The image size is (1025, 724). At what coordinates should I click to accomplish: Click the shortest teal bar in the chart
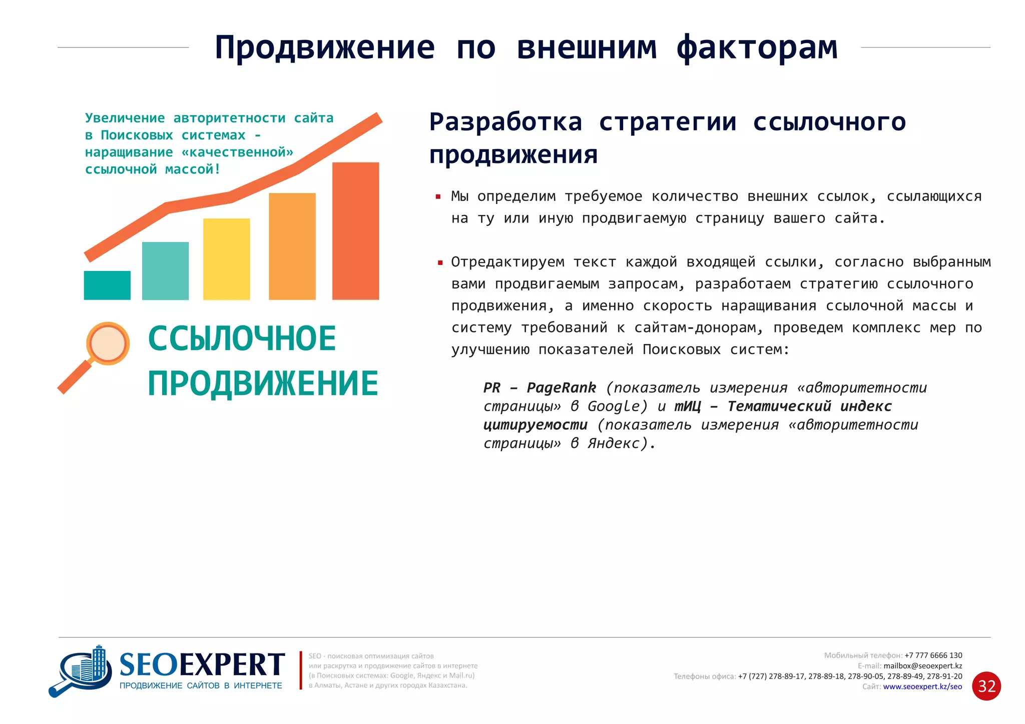[x=107, y=285]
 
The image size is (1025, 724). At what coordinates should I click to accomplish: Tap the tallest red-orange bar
[x=355, y=231]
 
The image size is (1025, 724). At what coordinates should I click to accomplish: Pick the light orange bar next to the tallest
[x=292, y=246]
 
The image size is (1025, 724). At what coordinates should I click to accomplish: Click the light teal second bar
[x=165, y=271]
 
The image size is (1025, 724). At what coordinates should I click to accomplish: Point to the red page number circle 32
[x=986, y=686]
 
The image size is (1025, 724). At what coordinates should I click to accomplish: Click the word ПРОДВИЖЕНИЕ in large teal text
[x=263, y=384]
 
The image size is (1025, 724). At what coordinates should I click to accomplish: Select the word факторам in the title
[x=757, y=48]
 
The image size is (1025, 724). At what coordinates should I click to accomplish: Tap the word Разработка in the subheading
[x=505, y=122]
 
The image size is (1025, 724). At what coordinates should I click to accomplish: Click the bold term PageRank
[x=561, y=388]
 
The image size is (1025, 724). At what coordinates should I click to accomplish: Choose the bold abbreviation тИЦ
[x=687, y=406]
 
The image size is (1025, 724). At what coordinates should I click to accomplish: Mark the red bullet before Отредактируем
[x=440, y=262]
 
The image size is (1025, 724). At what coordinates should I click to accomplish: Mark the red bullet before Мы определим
[x=438, y=197]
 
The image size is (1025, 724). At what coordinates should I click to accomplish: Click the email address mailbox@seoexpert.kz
[x=922, y=666]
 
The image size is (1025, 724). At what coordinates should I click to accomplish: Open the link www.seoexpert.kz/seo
[x=922, y=687]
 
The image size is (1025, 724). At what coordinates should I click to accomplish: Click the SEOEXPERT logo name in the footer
[x=202, y=665]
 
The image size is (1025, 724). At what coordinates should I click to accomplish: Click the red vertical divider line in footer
[x=301, y=670]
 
